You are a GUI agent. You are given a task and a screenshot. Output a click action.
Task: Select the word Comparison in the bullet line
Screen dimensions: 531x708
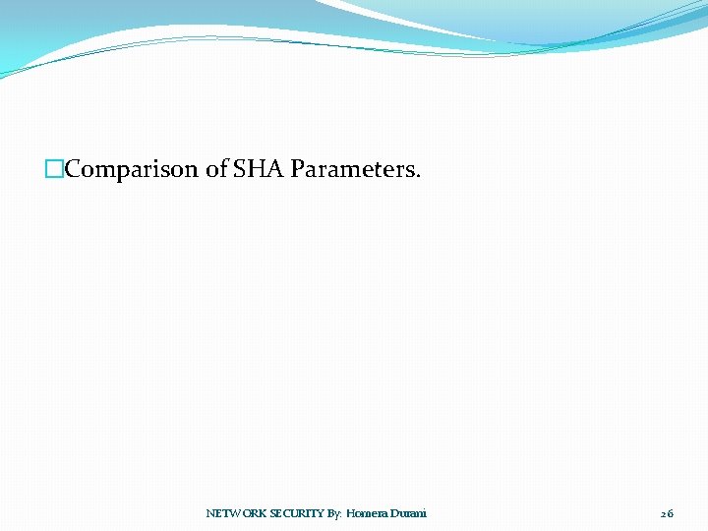[132, 169]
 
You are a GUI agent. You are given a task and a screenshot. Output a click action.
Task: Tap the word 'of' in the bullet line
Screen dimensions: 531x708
[216, 169]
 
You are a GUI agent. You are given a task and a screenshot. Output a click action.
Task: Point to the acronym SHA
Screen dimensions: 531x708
[258, 169]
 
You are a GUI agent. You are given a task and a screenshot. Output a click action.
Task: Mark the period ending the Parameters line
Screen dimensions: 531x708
[418, 176]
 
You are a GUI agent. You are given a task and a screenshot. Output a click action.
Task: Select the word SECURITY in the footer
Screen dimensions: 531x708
[297, 513]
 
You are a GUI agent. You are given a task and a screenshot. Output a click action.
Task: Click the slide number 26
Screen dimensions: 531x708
[667, 513]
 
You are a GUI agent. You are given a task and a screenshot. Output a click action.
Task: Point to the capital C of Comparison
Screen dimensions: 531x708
[73, 169]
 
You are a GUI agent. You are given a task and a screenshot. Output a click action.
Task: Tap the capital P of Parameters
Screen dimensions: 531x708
[297, 169]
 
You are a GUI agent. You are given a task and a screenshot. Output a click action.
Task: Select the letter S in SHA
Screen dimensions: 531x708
[240, 169]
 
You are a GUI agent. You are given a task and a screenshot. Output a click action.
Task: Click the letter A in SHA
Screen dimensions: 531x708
[274, 169]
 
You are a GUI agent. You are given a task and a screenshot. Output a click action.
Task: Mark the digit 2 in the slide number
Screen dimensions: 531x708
[663, 513]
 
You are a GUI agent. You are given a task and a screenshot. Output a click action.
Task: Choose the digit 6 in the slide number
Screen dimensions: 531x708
[671, 513]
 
